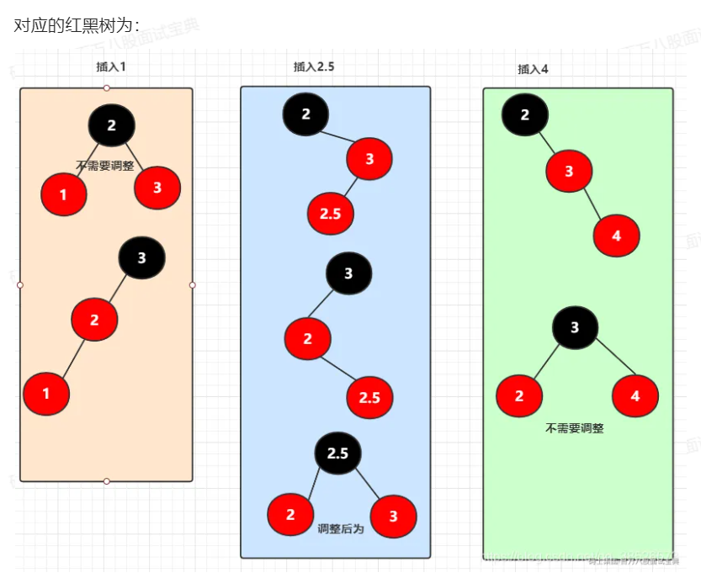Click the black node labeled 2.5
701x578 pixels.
click(337, 453)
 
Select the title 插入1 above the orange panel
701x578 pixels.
click(111, 66)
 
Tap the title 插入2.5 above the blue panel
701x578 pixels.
click(314, 66)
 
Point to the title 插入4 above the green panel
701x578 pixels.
click(533, 69)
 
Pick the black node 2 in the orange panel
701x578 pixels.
click(112, 125)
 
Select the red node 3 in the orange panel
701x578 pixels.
click(157, 188)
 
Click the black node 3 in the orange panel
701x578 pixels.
click(141, 257)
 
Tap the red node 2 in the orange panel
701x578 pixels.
click(94, 319)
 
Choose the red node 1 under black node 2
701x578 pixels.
click(64, 195)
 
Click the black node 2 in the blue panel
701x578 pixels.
click(305, 114)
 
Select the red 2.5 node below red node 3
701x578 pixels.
click(330, 214)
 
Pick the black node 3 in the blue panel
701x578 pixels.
click(348, 273)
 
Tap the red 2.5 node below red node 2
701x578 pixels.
click(369, 398)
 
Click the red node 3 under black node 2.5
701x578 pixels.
click(393, 517)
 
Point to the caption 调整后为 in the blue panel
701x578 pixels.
click(341, 529)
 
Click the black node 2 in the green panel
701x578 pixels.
click(525, 115)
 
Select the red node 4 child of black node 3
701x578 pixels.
click(635, 395)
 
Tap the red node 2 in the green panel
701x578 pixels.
click(519, 395)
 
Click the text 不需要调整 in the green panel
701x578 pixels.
click(575, 428)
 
